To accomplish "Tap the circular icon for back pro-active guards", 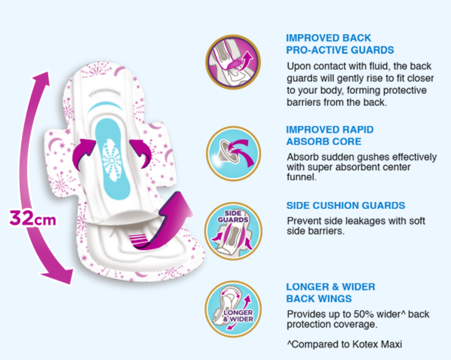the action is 233,62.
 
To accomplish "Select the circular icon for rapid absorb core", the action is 233,153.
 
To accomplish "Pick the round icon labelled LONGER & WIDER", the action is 233,309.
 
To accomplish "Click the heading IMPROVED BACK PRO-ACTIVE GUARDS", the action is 339,44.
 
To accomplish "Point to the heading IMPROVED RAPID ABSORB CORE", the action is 330,136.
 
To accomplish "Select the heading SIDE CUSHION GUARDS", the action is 345,205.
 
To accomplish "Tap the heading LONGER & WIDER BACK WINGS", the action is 330,293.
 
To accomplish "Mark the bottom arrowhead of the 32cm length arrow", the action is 62,276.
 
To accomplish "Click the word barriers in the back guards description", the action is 305,102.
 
